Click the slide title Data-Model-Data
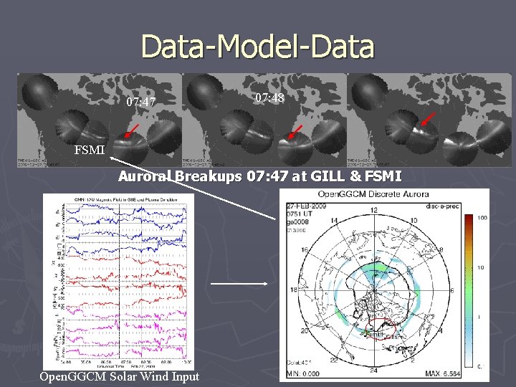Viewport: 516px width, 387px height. coord(258,47)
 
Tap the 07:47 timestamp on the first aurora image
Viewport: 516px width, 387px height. coord(141,102)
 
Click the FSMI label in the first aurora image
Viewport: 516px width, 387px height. coord(90,150)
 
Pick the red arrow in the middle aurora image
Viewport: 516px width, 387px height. coord(295,132)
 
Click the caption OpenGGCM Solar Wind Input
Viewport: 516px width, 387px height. coord(120,376)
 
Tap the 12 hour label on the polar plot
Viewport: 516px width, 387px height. coord(373,209)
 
